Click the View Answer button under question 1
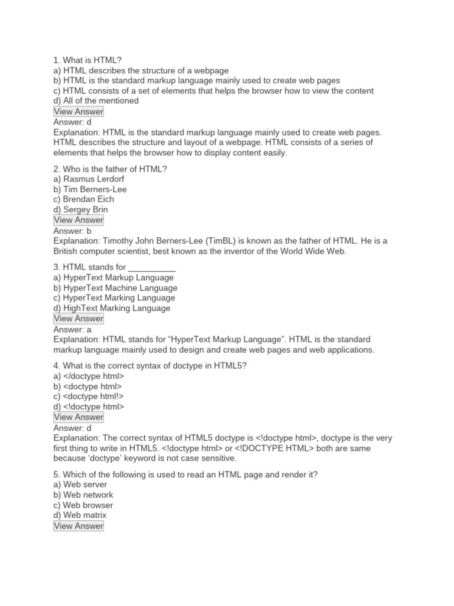78,111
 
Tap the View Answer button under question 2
78,220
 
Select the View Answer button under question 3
78,318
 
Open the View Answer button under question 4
78,417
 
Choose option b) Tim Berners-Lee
90,189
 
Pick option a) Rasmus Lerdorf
89,179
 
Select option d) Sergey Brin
80,209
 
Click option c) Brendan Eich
83,199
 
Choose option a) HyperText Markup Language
113,278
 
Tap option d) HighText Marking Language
112,308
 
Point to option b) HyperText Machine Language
115,288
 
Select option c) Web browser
83,505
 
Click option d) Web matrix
80,515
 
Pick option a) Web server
80,485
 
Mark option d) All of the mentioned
96,101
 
